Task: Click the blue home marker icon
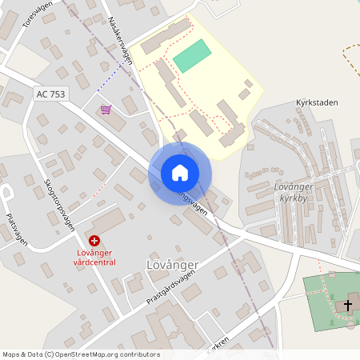(x=180, y=173)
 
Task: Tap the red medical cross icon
(x=94, y=240)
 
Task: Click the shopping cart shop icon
(x=105, y=109)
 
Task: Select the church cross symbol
(x=348, y=304)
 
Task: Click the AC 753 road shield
(x=50, y=94)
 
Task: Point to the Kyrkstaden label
(x=317, y=102)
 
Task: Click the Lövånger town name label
(x=172, y=264)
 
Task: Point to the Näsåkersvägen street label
(x=118, y=39)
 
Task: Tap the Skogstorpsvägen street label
(x=59, y=204)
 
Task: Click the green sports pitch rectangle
(x=192, y=56)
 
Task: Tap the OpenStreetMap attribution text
(x=81, y=354)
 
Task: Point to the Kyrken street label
(x=218, y=347)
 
